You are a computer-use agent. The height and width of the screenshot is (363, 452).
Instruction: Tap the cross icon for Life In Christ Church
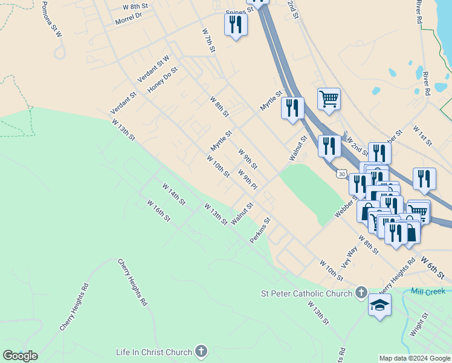pyautogui.click(x=201, y=352)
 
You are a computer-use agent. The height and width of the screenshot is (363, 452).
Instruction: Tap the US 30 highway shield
pyautogui.click(x=343, y=174)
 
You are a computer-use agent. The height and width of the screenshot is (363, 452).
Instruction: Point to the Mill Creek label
pyautogui.click(x=428, y=291)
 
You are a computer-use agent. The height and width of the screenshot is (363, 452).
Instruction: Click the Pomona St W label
pyautogui.click(x=51, y=19)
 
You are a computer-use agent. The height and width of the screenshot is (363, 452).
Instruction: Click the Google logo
pyautogui.click(x=20, y=356)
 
